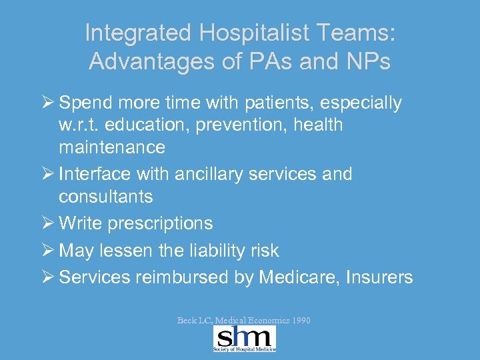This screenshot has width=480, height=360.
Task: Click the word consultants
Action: point(105,197)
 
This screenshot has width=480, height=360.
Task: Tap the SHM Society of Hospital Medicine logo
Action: point(245,339)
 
